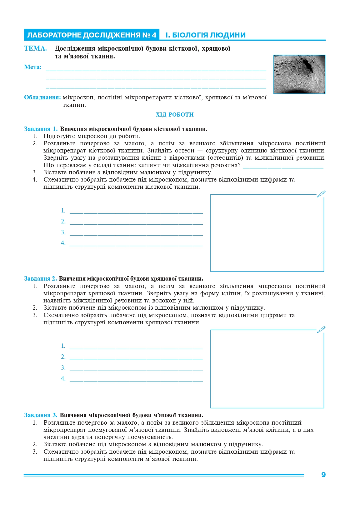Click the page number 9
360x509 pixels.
(x=323, y=475)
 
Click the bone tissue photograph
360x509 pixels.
(x=299, y=74)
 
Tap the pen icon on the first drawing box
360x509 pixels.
(x=321, y=194)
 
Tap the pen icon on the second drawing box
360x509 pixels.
(x=321, y=330)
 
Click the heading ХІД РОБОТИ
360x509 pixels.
(x=175, y=115)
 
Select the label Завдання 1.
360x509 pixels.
(x=41, y=129)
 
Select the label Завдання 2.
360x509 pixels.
(x=40, y=278)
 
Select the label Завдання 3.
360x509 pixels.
(x=41, y=415)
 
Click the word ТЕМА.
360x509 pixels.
(x=35, y=48)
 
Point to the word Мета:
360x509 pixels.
(x=33, y=67)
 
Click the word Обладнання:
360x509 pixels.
(x=42, y=97)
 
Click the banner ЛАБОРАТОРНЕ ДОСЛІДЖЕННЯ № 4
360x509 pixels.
(x=92, y=35)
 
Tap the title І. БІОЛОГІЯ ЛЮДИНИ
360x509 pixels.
(x=205, y=35)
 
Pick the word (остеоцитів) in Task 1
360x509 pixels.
(x=226, y=158)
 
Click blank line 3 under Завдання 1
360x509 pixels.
(x=136, y=234)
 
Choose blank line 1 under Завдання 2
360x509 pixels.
(x=136, y=348)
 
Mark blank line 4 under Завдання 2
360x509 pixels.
(x=136, y=381)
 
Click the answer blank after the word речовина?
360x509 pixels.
(x=283, y=167)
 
